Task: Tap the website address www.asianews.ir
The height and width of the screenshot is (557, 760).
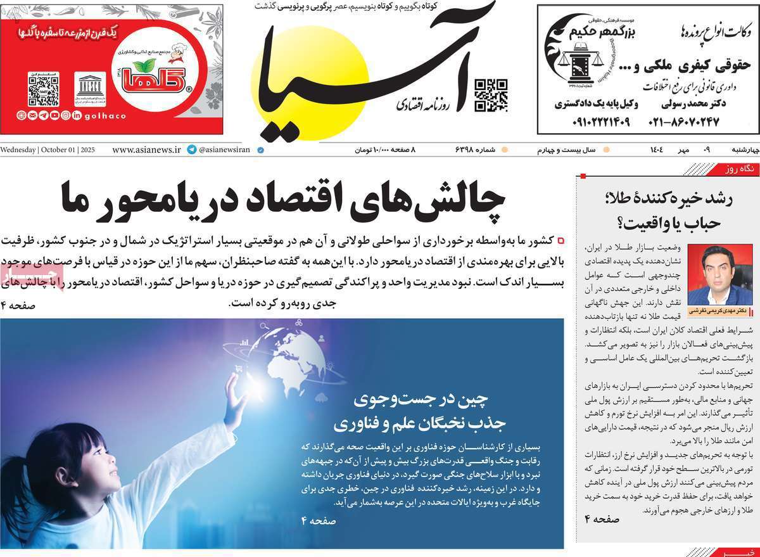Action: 146,150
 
